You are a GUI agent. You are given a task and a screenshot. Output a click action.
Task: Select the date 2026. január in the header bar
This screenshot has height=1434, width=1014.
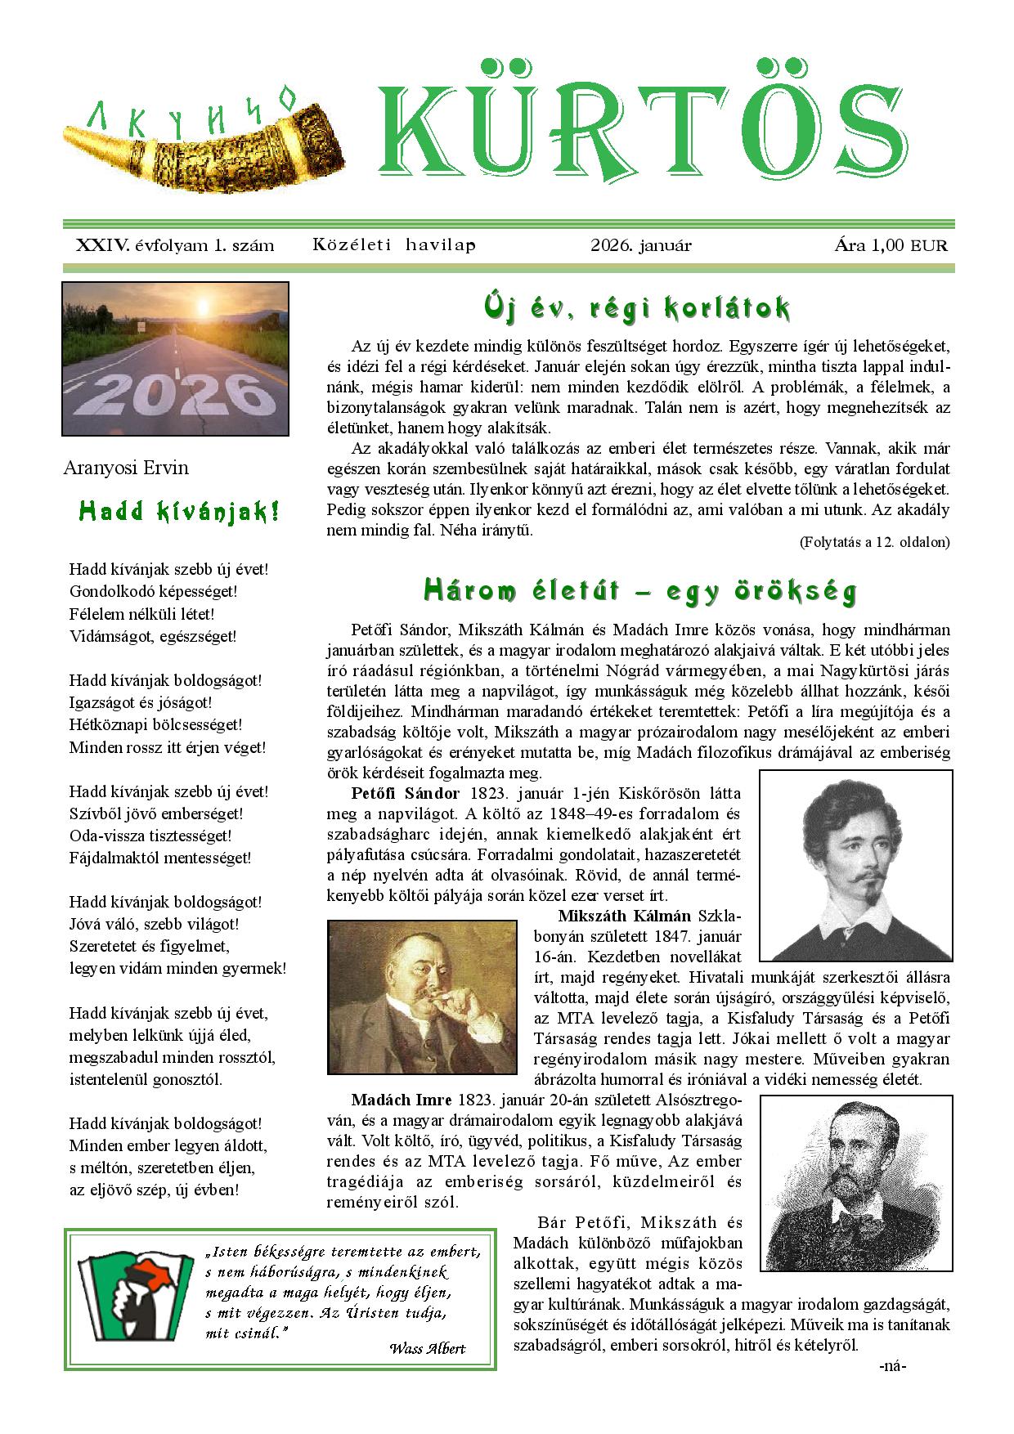tap(640, 245)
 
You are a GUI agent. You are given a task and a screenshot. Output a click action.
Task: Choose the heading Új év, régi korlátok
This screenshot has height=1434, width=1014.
tap(637, 308)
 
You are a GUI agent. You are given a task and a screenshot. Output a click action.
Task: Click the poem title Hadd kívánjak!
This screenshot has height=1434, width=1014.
tap(179, 512)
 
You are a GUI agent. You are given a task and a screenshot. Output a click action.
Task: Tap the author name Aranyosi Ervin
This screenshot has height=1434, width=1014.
tap(126, 468)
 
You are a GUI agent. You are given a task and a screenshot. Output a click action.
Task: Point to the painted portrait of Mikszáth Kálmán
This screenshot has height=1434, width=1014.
tap(422, 996)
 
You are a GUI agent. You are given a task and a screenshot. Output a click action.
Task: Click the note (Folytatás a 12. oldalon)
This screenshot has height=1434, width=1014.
tap(873, 542)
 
